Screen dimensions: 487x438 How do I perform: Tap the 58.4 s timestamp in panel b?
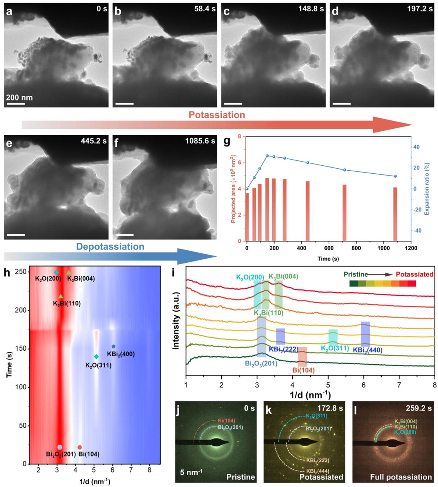[x=204, y=9]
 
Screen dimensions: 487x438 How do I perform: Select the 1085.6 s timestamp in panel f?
[x=200, y=141]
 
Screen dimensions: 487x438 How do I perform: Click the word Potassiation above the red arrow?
[x=217, y=115]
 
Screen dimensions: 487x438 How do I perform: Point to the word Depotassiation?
[x=110, y=247]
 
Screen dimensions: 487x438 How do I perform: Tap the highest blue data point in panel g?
[x=267, y=156]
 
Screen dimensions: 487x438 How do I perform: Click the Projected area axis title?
[x=233, y=188]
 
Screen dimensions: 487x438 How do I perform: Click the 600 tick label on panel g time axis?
[x=329, y=248]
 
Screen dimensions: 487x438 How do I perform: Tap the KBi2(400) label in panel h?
[x=121, y=354]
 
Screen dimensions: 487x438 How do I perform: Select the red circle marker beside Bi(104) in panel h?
[x=80, y=447]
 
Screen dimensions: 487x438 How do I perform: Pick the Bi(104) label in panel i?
[x=303, y=370]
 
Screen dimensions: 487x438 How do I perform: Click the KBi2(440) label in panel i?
[x=367, y=350]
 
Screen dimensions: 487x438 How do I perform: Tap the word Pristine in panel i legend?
[x=356, y=274]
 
